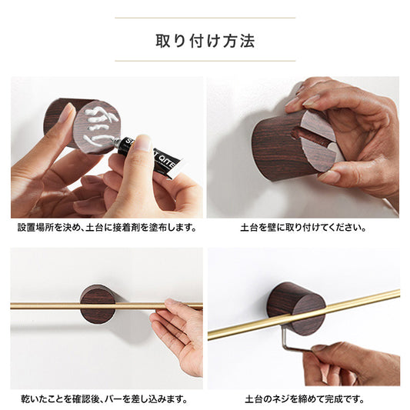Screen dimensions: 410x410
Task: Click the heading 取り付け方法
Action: coord(205,41)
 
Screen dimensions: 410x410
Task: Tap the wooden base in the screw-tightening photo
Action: coord(297,308)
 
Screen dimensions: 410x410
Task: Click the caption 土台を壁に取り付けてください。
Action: coord(303,228)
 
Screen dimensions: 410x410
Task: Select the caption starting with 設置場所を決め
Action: coord(107,228)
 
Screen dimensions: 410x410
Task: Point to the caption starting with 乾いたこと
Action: coord(105,399)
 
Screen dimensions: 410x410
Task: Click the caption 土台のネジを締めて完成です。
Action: coord(305,399)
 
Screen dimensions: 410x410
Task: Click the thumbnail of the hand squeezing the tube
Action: coord(107,147)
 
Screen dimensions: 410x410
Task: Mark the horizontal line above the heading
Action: coord(205,18)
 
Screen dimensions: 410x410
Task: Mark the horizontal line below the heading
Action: coord(205,61)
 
